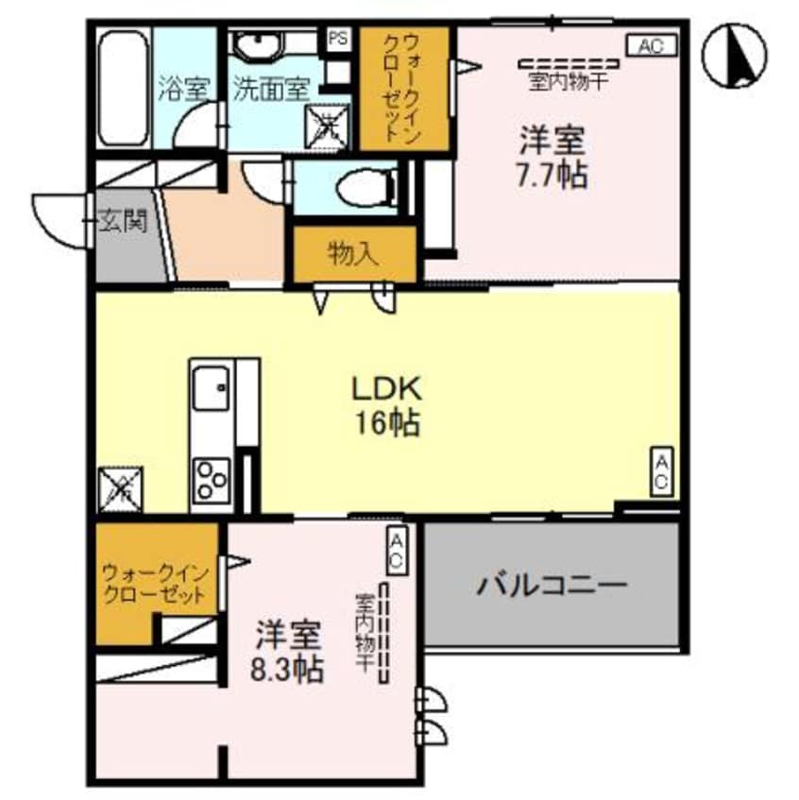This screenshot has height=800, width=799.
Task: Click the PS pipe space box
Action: (x=336, y=39)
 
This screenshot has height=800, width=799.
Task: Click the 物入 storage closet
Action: (x=353, y=253)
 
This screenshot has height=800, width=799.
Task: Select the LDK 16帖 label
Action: (x=386, y=403)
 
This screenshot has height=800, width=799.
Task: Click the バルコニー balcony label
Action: (x=552, y=586)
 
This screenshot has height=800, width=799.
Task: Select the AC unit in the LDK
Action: (x=662, y=471)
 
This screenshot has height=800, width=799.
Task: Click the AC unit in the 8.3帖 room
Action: (x=398, y=549)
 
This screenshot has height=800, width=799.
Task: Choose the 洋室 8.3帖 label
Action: (x=288, y=651)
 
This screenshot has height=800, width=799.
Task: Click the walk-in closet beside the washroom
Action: (x=403, y=88)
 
